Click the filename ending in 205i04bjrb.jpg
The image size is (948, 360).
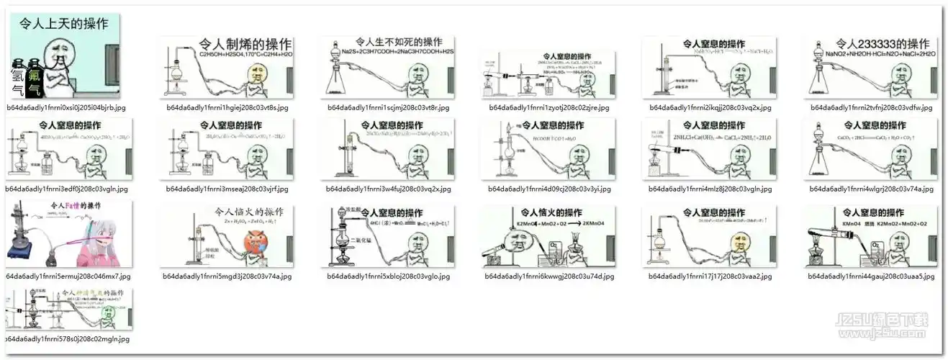[x=66, y=107]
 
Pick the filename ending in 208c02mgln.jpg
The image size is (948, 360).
[x=67, y=338]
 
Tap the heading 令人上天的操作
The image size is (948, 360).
[x=66, y=24]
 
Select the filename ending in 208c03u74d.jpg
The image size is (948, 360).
[x=548, y=276]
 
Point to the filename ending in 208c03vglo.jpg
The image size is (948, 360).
[x=388, y=276]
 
